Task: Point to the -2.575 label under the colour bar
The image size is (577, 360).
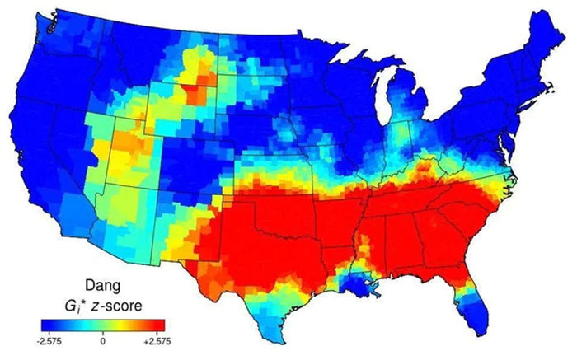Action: coord(52,337)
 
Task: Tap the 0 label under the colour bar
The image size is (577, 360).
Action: coord(102,337)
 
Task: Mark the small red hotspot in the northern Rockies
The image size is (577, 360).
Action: coord(195,86)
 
